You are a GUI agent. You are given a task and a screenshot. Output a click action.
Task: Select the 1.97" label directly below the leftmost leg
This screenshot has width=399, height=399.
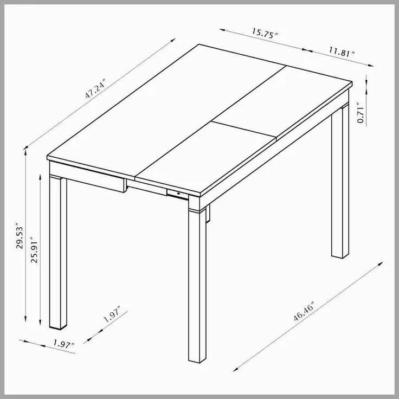point(64,343)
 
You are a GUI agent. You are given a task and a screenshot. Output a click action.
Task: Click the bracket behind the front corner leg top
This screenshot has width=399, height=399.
point(209,214)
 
